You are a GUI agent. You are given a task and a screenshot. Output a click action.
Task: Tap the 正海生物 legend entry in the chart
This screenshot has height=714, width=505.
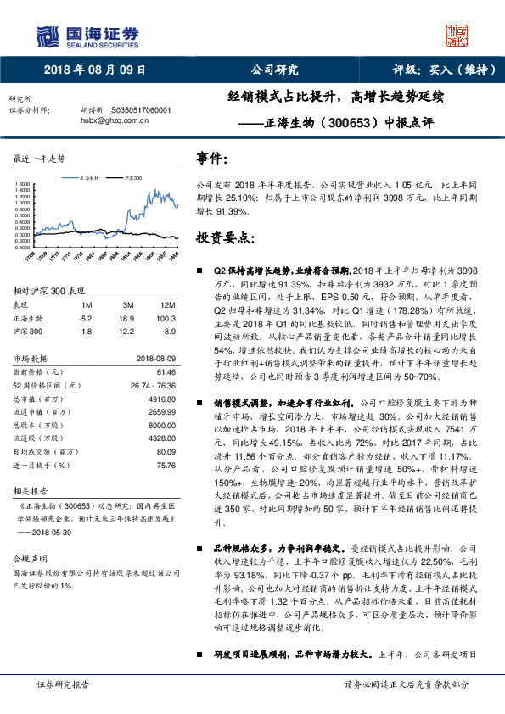pyautogui.click(x=87, y=178)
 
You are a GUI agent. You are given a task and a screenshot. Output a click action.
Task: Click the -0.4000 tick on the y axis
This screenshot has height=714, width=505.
pyautogui.click(x=24, y=248)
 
